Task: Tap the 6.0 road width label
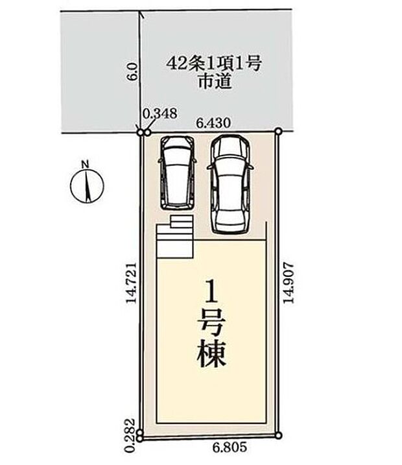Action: click(132, 70)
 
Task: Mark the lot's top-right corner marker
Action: click(278, 131)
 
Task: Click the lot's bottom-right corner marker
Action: click(279, 435)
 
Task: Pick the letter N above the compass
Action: click(85, 164)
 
